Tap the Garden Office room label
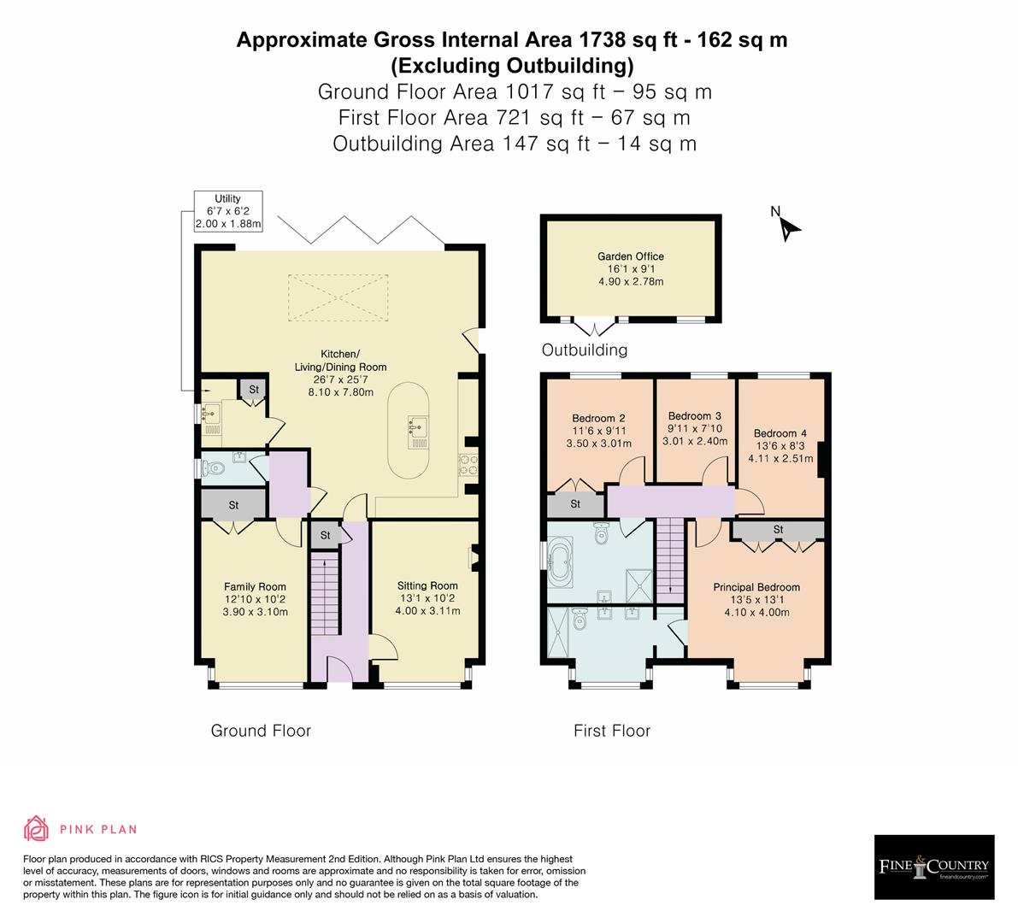pos(630,256)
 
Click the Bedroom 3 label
pos(695,416)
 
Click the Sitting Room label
pos(427,585)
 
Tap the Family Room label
pos(255,586)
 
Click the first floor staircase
pos(669,556)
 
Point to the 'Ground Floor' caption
pos(261,731)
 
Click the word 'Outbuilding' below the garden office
pos(585,350)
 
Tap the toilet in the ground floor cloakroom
pos(215,467)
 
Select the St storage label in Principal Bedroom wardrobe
pos(778,530)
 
